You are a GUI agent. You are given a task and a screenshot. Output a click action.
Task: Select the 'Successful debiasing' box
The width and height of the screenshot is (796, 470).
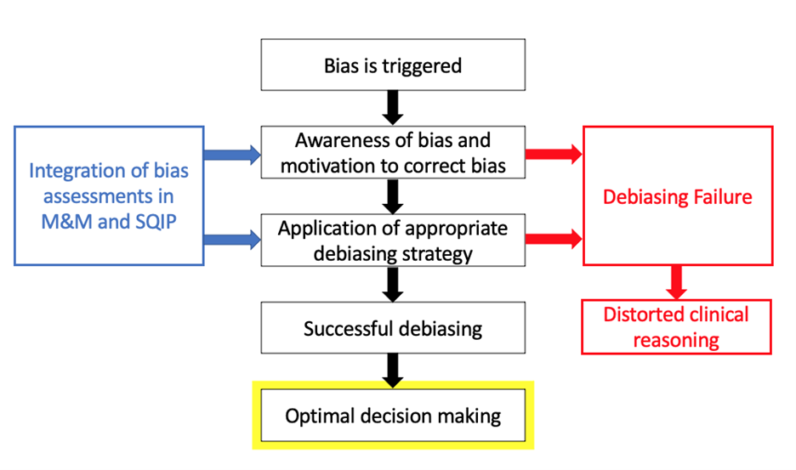392,328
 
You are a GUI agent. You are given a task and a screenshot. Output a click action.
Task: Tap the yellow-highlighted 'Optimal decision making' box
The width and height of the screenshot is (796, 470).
392,416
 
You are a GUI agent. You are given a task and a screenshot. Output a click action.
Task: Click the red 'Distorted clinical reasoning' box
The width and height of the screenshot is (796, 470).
676,327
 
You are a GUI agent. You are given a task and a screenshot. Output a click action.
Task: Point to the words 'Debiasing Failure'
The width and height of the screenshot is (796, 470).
677,197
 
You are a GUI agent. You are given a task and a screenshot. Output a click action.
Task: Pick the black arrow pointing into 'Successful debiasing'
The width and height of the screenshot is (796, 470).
392,284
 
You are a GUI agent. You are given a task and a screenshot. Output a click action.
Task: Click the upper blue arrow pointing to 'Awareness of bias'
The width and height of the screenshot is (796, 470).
232,154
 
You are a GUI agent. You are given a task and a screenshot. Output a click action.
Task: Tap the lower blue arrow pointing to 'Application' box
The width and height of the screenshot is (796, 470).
232,241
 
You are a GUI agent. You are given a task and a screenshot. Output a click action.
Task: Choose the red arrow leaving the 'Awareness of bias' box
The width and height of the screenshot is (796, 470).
554,154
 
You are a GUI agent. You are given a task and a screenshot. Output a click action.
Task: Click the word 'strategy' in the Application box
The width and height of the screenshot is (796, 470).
433,253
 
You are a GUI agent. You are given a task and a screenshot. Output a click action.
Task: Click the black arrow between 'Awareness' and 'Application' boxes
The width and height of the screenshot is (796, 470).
392,195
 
